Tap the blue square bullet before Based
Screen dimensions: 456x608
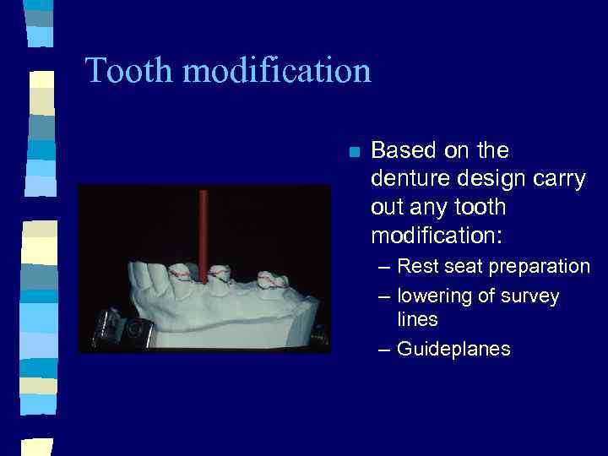(355, 153)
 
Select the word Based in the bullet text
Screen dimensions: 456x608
(402, 151)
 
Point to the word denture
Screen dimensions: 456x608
(405, 179)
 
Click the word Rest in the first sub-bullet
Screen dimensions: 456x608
(416, 267)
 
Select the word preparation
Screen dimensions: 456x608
(537, 267)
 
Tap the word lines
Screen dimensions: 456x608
(417, 320)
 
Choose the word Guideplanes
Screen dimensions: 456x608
(453, 349)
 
